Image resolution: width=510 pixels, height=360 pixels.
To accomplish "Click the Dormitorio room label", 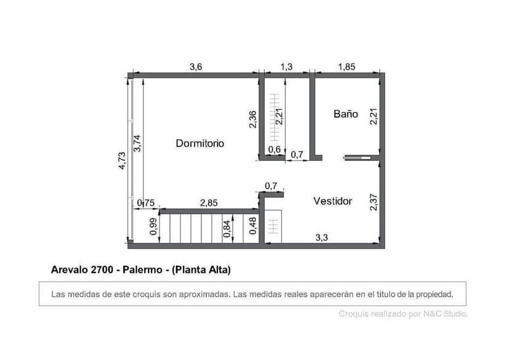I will [x=200, y=143].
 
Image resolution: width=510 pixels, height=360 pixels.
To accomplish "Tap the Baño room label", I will [x=346, y=114].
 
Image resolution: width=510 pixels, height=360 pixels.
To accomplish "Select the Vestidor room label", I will [x=333, y=201].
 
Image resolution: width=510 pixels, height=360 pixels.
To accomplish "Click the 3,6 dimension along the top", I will [x=195, y=67].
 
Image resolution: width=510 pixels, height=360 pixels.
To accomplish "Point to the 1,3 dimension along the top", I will [x=286, y=67].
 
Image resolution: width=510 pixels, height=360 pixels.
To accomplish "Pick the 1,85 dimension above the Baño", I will [x=346, y=67].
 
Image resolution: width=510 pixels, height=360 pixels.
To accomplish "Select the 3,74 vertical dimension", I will [x=138, y=143].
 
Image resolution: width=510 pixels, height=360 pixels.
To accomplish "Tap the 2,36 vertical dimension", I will [x=253, y=119].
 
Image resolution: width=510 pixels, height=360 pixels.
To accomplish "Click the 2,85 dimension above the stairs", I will [x=209, y=203].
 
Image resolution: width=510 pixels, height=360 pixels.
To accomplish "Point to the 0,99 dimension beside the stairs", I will [x=153, y=227].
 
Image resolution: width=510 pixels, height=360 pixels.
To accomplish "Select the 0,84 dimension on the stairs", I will [x=227, y=229].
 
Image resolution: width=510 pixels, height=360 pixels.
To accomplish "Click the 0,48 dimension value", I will [x=253, y=226].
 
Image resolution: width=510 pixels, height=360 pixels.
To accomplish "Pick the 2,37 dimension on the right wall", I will [x=373, y=202].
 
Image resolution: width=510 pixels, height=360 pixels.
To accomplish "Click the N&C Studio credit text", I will [x=445, y=314].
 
